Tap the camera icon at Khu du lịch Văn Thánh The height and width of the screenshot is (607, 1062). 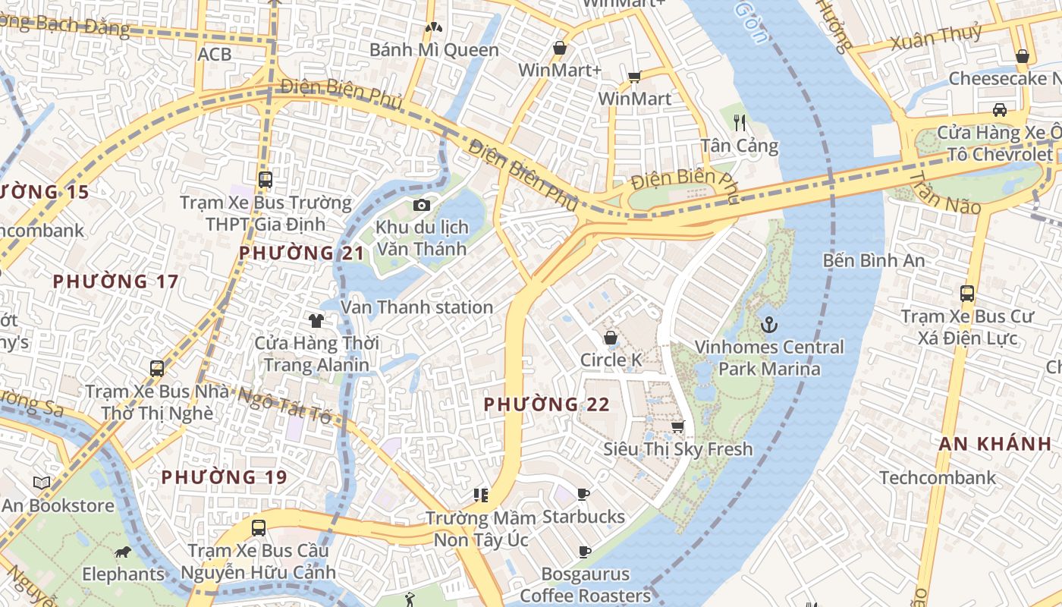(x=422, y=206)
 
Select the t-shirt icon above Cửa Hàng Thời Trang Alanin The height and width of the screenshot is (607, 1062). (x=316, y=321)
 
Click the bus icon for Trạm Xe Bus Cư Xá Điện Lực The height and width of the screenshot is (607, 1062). (x=966, y=294)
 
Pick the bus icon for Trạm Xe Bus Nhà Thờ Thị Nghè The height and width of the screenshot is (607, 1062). (x=156, y=369)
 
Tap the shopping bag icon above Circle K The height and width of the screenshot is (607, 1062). (x=610, y=338)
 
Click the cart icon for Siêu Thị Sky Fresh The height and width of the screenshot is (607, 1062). (x=677, y=427)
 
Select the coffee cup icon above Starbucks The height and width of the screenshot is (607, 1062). (x=583, y=495)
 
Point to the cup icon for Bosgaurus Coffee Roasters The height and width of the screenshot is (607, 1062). (x=584, y=552)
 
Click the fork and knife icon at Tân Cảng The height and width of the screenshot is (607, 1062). (x=740, y=122)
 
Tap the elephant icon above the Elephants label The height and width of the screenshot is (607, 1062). (x=122, y=552)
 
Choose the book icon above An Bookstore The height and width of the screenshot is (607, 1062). (x=42, y=483)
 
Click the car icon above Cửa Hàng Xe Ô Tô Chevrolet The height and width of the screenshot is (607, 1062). (x=1000, y=110)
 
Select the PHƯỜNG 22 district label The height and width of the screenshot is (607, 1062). (x=546, y=404)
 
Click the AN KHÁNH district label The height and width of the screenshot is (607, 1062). (x=994, y=445)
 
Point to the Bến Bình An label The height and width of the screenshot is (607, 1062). (x=874, y=261)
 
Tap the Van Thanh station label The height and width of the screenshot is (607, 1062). (x=416, y=307)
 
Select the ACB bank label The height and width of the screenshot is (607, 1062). (x=214, y=55)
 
